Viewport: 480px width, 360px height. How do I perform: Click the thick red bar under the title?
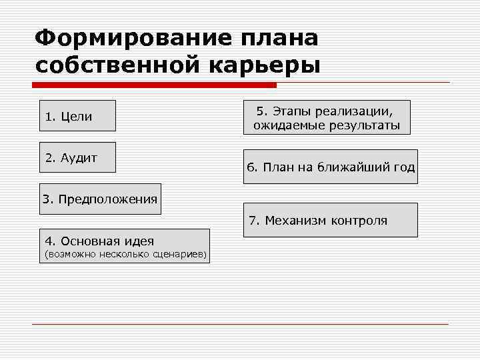click(x=154, y=85)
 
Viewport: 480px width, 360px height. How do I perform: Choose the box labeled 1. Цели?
click(x=77, y=115)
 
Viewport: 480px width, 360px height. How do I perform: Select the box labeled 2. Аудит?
click(x=77, y=157)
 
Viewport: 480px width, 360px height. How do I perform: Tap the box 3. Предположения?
click(x=100, y=199)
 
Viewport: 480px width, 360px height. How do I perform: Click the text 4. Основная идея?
click(x=99, y=241)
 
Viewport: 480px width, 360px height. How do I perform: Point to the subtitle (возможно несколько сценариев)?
click(x=125, y=254)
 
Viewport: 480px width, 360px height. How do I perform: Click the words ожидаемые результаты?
click(x=327, y=125)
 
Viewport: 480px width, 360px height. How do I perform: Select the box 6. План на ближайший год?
click(x=330, y=167)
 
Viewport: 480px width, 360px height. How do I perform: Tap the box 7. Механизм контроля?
click(x=330, y=220)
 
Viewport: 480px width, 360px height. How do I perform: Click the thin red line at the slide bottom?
click(x=240, y=324)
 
